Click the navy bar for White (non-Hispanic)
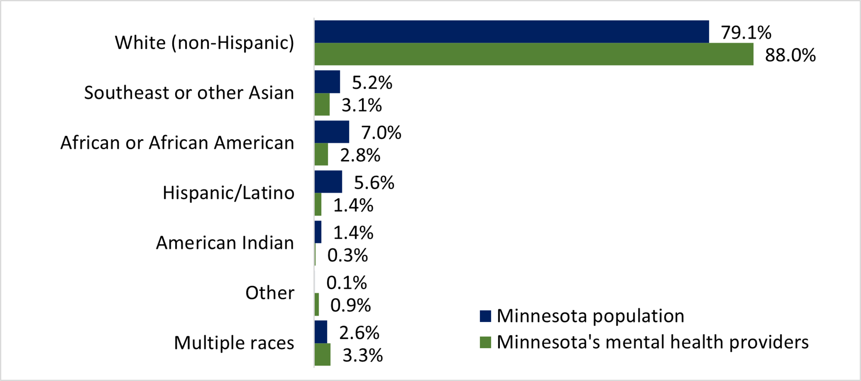(511, 31)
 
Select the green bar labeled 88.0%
(534, 54)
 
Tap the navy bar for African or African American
(331, 132)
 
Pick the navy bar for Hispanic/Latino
(328, 182)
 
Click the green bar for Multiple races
(322, 354)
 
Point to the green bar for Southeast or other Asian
(322, 104)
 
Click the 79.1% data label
(746, 33)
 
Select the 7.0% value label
(381, 133)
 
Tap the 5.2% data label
(372, 83)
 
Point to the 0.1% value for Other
(347, 283)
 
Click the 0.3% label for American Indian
(347, 256)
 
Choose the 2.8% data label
(360, 156)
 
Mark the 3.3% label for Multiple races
(362, 356)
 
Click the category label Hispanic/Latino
(228, 193)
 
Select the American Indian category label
(225, 243)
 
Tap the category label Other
(270, 293)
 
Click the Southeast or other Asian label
(189, 93)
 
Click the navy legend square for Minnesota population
(485, 316)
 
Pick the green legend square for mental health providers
(485, 342)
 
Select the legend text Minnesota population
(590, 316)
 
